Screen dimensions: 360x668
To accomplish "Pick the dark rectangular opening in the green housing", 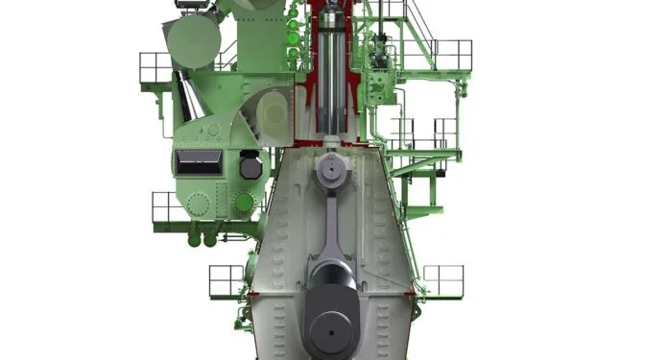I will tap(198, 162).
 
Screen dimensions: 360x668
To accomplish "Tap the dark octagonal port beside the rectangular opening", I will tap(250, 167).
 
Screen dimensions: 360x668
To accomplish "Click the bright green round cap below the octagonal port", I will tap(245, 203).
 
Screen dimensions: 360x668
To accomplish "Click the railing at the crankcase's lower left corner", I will tap(227, 280).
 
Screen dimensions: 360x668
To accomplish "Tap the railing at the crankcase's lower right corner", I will tap(442, 279).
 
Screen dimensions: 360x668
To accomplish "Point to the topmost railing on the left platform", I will tap(155, 67).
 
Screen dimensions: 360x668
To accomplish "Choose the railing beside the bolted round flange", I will tap(165, 205).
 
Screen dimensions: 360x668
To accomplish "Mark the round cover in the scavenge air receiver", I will tap(274, 113).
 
